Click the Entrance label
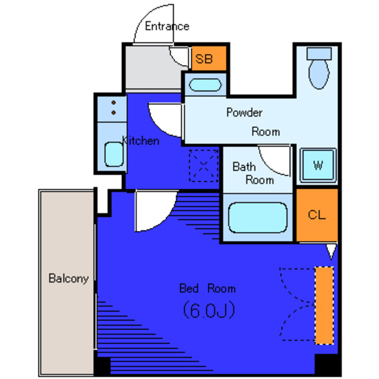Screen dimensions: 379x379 pyautogui.click(x=167, y=26)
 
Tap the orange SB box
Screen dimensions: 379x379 pyautogui.click(x=209, y=58)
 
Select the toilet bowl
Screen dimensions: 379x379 pyautogui.click(x=319, y=74)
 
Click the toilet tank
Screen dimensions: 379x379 pyautogui.click(x=319, y=54)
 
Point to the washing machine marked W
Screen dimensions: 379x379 pyautogui.click(x=318, y=165)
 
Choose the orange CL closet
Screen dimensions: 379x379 pyautogui.click(x=317, y=215)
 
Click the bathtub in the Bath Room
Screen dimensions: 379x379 pyautogui.click(x=258, y=217)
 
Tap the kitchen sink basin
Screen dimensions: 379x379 pyautogui.click(x=114, y=154)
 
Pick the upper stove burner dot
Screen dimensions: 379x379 pyautogui.click(x=114, y=102)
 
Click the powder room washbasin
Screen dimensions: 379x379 pyautogui.click(x=205, y=85)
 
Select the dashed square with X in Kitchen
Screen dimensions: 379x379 pyautogui.click(x=204, y=166)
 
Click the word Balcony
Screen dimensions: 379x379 pyautogui.click(x=69, y=278)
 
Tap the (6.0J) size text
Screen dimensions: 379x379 pyautogui.click(x=209, y=310)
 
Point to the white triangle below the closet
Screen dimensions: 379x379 pyautogui.click(x=331, y=251)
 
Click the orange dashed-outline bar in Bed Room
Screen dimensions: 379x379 pyautogui.click(x=325, y=306)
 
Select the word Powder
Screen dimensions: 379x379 pyautogui.click(x=245, y=113)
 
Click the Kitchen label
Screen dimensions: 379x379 pyautogui.click(x=141, y=141)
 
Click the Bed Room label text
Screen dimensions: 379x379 pyautogui.click(x=207, y=288)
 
